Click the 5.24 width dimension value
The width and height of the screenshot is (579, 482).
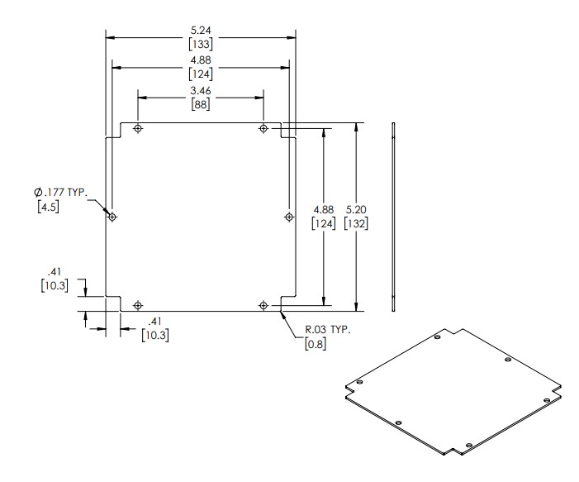click(201, 30)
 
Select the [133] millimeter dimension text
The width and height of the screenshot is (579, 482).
click(201, 43)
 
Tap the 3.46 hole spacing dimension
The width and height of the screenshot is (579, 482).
click(201, 90)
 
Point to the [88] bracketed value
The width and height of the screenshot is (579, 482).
click(201, 104)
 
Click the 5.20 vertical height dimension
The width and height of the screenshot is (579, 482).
click(357, 210)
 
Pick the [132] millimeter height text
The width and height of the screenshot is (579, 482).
click(358, 223)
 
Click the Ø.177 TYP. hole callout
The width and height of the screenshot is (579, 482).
click(55, 193)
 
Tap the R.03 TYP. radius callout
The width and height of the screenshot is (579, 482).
click(328, 330)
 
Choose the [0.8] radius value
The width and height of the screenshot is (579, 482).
click(316, 344)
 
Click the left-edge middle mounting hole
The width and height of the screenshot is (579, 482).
click(113, 217)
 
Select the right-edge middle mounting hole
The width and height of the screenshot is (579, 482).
click(288, 217)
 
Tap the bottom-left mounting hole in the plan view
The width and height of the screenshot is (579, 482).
click(138, 306)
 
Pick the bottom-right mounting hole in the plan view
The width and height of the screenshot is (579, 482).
click(263, 306)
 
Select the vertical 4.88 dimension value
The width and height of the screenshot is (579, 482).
click(322, 210)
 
